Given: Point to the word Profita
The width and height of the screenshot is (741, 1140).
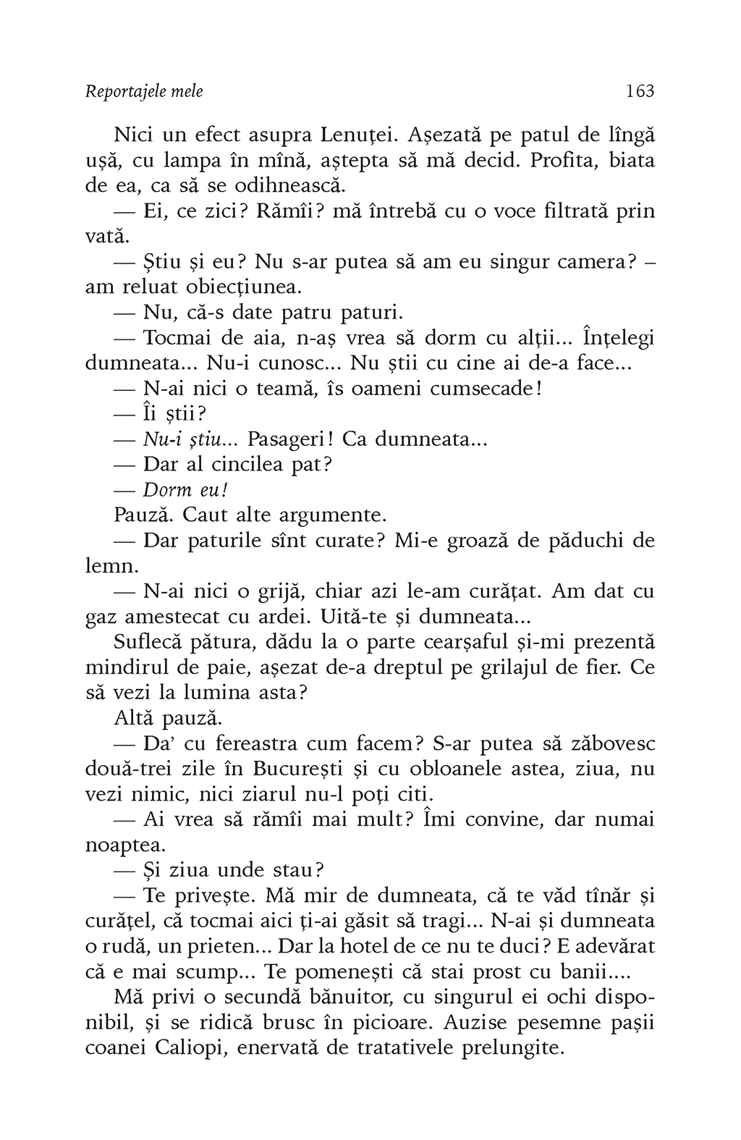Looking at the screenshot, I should point(563,161).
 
